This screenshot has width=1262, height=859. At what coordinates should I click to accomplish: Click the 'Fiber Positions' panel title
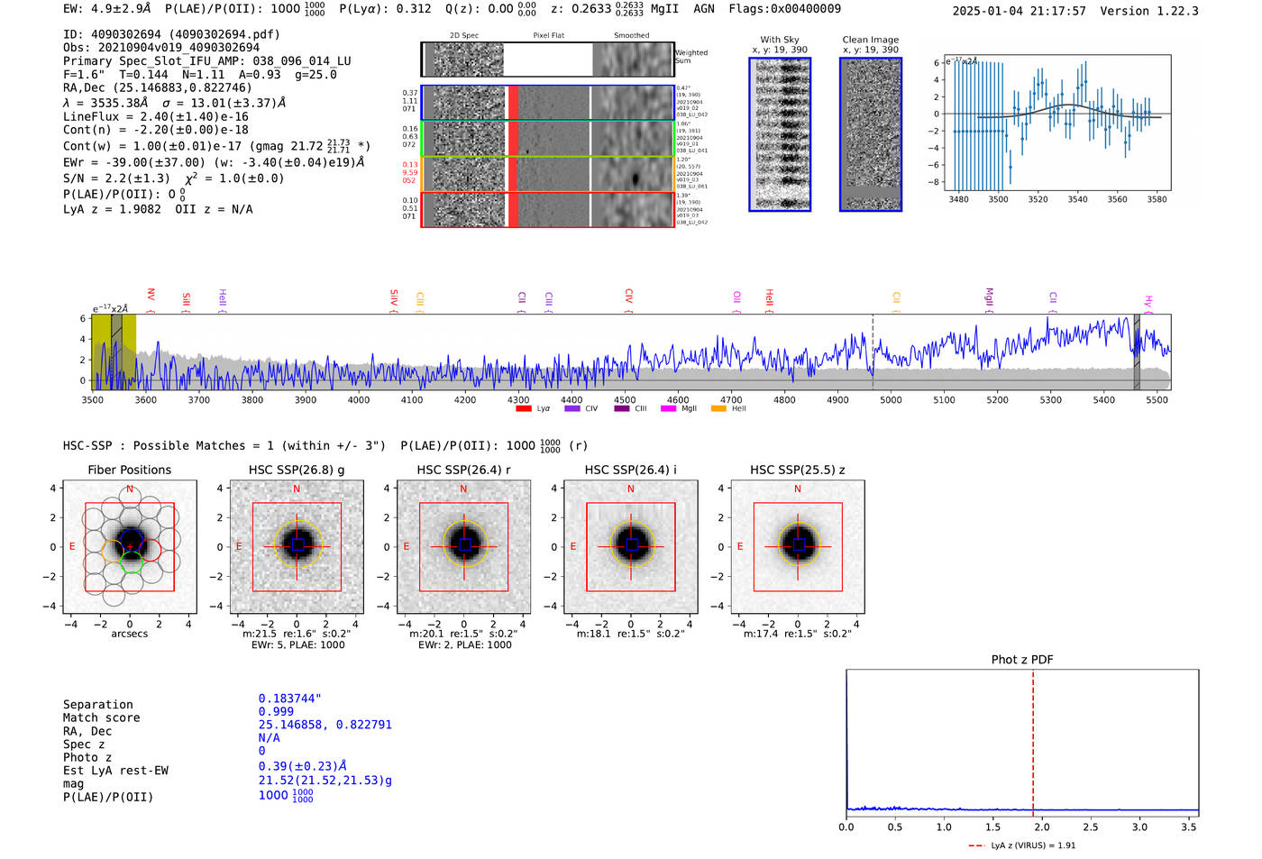click(x=129, y=470)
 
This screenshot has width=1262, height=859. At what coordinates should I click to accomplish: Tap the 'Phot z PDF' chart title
click(x=1022, y=659)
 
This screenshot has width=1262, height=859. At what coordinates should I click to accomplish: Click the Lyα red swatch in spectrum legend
click(x=523, y=408)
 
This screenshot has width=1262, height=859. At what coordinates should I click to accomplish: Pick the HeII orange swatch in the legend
click(x=718, y=408)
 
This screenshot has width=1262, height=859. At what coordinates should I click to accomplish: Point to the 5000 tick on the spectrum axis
click(x=891, y=399)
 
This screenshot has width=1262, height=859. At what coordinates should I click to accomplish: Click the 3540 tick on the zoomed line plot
click(x=1077, y=199)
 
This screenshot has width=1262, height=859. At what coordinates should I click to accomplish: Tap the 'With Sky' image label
click(x=780, y=40)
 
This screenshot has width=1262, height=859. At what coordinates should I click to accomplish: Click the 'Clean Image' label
click(x=870, y=40)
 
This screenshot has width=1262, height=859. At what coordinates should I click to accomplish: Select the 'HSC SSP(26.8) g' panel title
click(x=297, y=470)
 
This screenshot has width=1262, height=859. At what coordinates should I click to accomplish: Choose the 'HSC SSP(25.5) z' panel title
click(x=797, y=470)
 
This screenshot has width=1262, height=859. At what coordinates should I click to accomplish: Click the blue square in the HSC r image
click(x=464, y=544)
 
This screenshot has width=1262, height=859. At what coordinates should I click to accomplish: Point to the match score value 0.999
click(x=276, y=711)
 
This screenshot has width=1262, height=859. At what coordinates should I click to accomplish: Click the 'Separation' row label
click(x=97, y=705)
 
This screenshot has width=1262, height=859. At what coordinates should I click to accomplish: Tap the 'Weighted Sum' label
click(x=691, y=57)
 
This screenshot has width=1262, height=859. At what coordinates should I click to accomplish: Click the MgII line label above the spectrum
click(x=989, y=297)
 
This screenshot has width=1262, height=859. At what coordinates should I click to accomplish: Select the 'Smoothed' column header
click(x=631, y=35)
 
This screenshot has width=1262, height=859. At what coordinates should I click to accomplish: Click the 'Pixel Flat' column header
click(x=548, y=35)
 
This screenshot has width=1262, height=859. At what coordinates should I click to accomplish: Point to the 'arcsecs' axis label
click(x=129, y=634)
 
